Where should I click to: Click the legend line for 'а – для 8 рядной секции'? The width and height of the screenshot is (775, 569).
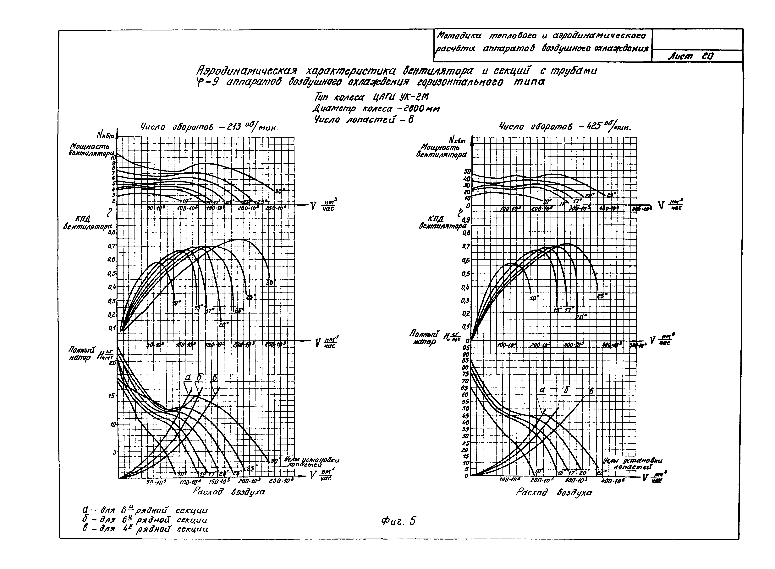pyautogui.click(x=145, y=510)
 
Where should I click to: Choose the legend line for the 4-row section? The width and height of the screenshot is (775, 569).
pyautogui.click(x=145, y=529)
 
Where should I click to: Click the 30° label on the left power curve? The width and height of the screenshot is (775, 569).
pyautogui.click(x=280, y=191)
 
